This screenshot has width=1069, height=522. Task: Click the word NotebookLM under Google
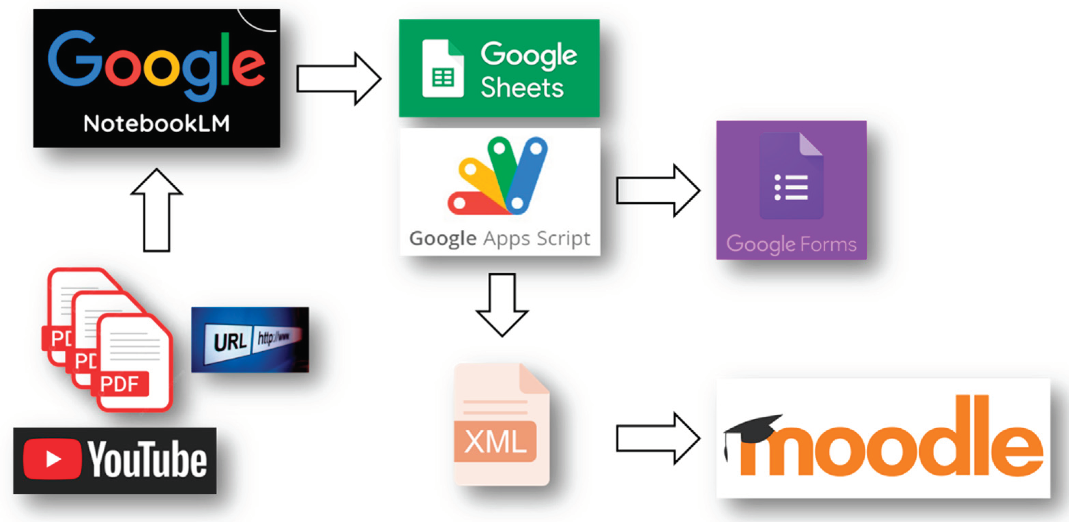(x=157, y=124)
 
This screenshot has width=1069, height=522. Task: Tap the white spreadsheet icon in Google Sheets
(x=442, y=69)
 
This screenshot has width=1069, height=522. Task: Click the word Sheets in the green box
(x=522, y=88)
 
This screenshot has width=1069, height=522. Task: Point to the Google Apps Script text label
(x=500, y=239)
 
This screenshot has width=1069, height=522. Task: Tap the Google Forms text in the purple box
(x=791, y=244)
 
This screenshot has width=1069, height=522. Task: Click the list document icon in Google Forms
(x=791, y=176)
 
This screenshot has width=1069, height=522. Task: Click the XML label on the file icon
(x=495, y=442)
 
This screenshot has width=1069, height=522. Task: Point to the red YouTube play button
(x=52, y=459)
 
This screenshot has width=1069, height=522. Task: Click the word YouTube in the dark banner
(x=147, y=459)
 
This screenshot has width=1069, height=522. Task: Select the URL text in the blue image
(x=230, y=342)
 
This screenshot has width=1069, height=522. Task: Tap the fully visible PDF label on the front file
(x=119, y=384)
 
